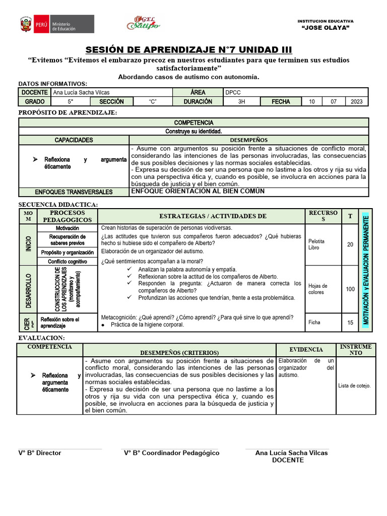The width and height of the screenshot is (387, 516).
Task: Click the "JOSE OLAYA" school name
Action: [325, 28]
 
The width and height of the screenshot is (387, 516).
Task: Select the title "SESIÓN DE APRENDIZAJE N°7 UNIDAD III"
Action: [188, 49]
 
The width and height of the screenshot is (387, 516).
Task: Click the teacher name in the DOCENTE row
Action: [81, 93]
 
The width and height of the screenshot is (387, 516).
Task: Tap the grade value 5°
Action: [71, 101]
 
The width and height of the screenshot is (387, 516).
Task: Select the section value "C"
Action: [153, 101]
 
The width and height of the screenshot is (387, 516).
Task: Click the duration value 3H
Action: [241, 101]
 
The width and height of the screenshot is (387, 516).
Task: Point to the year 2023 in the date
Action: [356, 101]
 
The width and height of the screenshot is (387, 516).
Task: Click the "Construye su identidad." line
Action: [193, 131]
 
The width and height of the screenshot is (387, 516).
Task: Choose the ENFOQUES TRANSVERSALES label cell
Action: [74, 192]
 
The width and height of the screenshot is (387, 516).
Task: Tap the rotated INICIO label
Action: [28, 244]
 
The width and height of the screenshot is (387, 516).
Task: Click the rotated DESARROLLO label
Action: [28, 291]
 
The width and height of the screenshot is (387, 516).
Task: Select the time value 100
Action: [350, 289]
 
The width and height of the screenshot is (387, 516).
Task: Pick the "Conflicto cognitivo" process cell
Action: [68, 262]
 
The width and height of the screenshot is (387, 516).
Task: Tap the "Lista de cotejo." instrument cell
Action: [354, 385]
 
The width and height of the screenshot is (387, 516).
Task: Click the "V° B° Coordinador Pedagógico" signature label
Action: [172, 453]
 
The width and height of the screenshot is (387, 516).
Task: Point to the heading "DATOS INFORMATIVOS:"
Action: [53, 84]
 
